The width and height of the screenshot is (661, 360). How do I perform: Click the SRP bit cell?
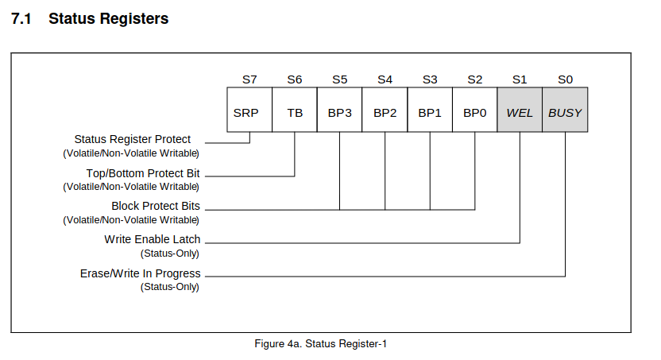249,110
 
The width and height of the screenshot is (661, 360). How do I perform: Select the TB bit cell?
295,110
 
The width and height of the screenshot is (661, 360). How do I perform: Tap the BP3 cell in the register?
339,110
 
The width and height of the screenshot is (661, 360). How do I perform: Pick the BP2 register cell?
385,110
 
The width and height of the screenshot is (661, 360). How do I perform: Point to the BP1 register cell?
430,110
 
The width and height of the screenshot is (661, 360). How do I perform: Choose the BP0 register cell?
475,110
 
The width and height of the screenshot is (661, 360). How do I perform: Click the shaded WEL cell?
520,110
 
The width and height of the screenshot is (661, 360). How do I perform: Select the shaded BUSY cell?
565,110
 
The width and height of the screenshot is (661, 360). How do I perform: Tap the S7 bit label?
249,79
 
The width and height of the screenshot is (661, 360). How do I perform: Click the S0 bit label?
566,79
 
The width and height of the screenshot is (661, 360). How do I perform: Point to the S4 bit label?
385,79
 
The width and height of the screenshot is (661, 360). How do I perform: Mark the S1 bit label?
520,79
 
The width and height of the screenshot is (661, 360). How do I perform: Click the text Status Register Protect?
133,140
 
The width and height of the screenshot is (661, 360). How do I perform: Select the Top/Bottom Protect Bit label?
143,173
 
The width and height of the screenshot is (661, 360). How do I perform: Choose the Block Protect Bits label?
156,206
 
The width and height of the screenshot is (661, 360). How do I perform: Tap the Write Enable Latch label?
153,239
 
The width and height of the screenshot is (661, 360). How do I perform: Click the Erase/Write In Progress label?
141,273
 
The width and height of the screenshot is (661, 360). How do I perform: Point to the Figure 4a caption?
320,344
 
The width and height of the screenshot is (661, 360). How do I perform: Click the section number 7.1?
21,19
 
